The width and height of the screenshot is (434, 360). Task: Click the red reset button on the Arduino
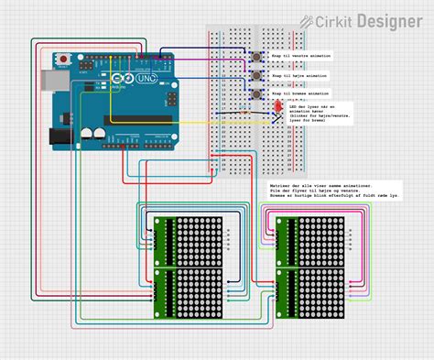65,60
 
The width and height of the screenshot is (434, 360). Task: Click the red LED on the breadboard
277,108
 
